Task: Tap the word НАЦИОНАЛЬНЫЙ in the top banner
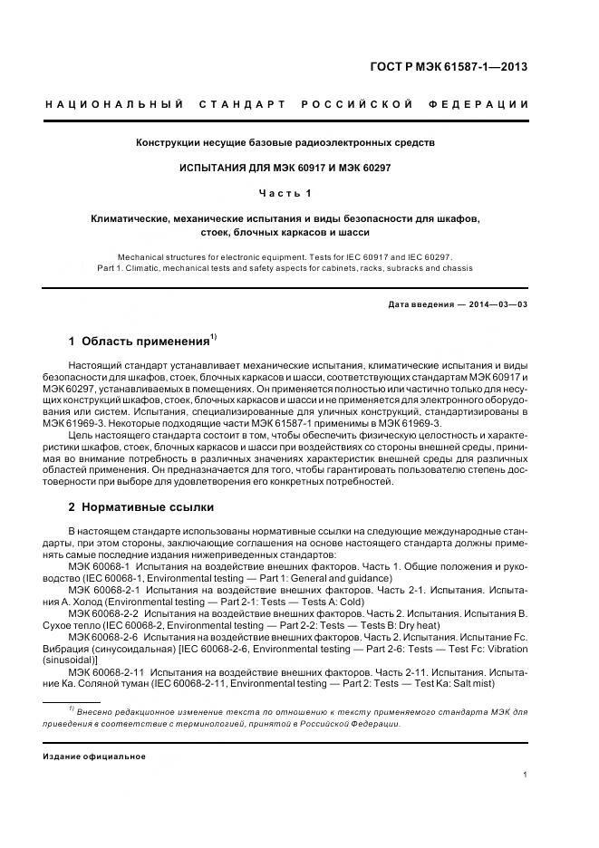click(x=115, y=105)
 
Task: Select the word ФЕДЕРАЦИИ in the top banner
click(x=487, y=105)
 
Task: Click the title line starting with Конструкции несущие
click(x=285, y=143)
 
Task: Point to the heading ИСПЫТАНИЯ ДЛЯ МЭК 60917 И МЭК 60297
click(x=285, y=168)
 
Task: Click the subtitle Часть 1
click(x=285, y=193)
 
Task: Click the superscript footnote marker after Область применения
click(x=214, y=338)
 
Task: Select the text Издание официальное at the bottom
click(x=94, y=756)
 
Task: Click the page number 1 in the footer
click(x=527, y=775)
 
